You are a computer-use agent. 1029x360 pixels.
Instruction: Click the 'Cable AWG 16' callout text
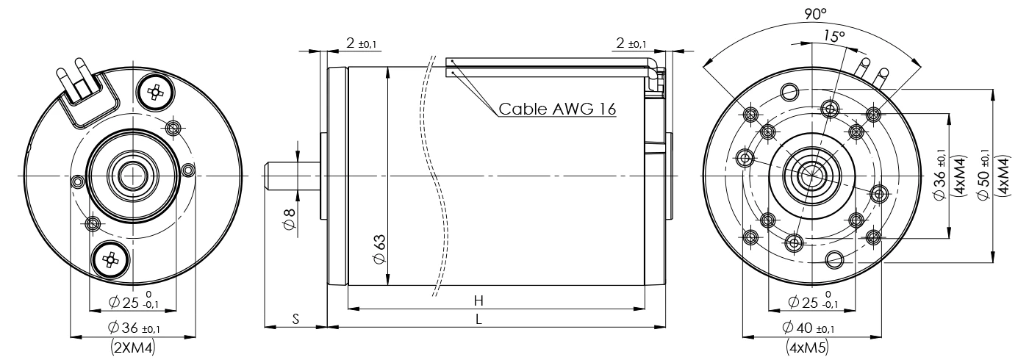click(557, 109)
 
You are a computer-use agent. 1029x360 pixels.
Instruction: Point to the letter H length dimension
click(478, 300)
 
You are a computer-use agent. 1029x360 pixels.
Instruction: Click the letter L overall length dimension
click(478, 320)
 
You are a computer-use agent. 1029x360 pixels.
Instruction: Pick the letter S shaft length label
click(295, 320)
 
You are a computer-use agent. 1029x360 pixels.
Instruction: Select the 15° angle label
click(834, 36)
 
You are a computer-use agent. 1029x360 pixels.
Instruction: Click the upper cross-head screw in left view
click(155, 92)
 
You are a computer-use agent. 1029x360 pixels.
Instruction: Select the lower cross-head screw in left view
click(111, 259)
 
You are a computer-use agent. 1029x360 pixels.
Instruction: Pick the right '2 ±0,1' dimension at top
click(631, 44)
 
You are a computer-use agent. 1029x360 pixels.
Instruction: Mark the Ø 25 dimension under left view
click(132, 302)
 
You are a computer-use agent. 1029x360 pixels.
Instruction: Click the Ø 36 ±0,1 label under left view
click(132, 328)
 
